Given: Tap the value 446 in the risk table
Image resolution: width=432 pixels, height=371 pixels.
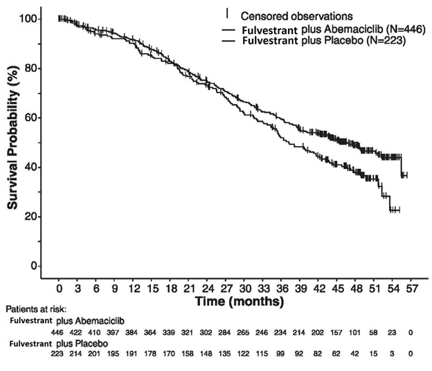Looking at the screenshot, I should pos(60,332).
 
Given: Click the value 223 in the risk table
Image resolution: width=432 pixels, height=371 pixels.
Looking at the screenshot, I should pos(60,354).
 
